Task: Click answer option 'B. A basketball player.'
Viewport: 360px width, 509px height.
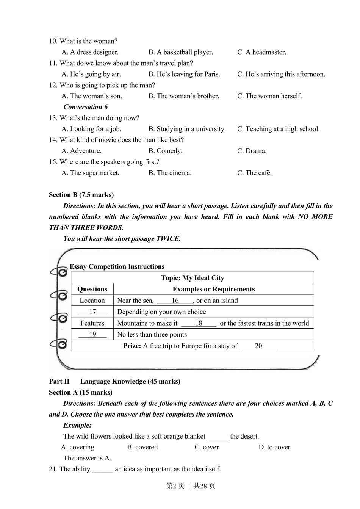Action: [x=180, y=52]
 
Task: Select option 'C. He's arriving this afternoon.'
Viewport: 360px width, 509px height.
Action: [x=281, y=74]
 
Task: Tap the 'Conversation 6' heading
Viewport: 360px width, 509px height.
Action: [x=85, y=107]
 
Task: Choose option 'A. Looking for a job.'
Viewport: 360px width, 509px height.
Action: [x=91, y=129]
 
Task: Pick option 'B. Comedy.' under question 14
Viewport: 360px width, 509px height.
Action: [x=165, y=151]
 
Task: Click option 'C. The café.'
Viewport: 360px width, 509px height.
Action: [x=254, y=173]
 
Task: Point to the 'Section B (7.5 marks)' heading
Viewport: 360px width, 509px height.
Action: [x=81, y=195]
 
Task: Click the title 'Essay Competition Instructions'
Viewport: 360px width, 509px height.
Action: [x=117, y=266]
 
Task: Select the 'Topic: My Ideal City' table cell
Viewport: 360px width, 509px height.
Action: [x=193, y=278]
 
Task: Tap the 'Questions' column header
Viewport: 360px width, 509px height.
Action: [x=92, y=289]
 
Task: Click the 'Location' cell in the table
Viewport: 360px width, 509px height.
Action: [x=92, y=301]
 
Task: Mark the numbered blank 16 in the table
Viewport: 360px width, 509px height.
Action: [x=175, y=301]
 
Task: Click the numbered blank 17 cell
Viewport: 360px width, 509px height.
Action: [x=92, y=312]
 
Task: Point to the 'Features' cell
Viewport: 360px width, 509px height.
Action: [x=92, y=323]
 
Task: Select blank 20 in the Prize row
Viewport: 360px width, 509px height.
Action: [x=258, y=346]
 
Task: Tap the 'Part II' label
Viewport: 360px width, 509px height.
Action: [x=59, y=381]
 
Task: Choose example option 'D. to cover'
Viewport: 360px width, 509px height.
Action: [x=274, y=447]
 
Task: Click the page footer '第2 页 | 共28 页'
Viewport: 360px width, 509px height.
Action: [x=191, y=486]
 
